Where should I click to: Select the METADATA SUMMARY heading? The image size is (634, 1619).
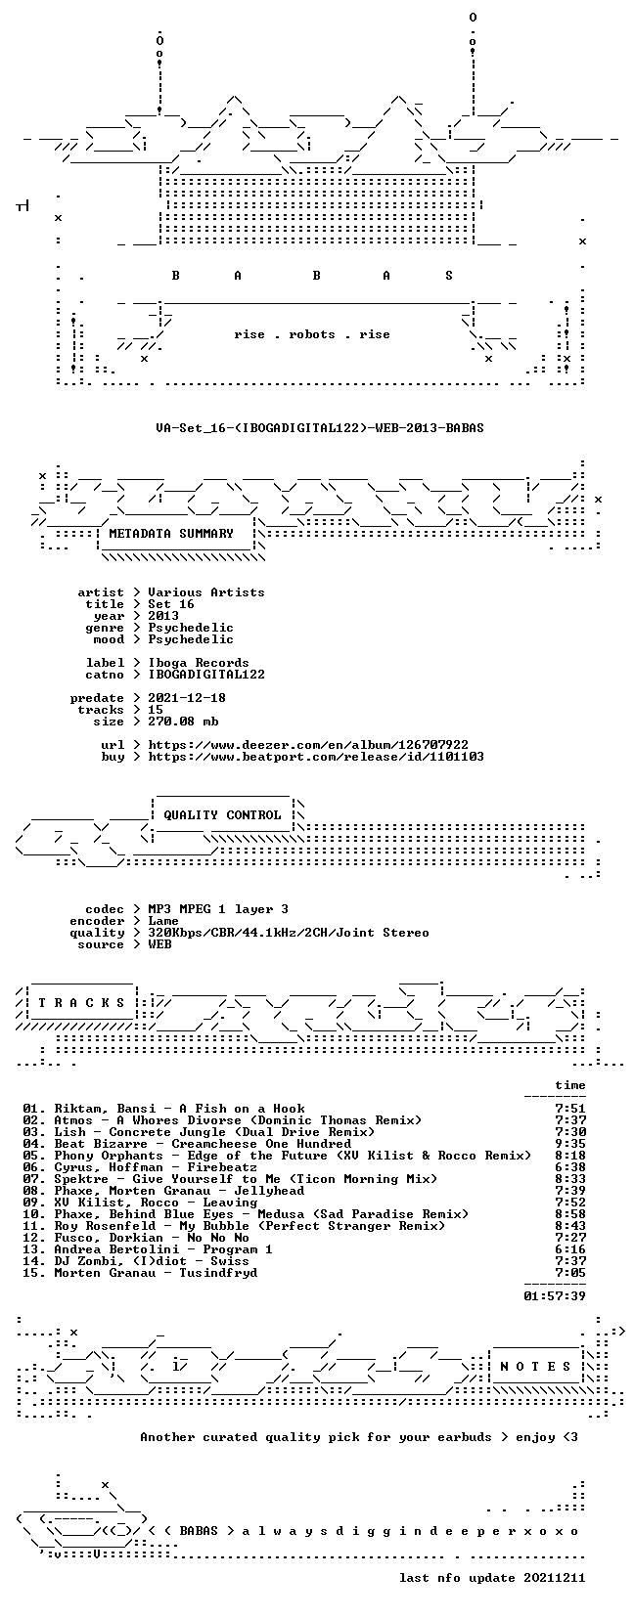[x=171, y=534]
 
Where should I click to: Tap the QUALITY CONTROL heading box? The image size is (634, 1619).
[x=222, y=814]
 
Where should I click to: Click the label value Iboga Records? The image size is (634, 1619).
[x=198, y=663]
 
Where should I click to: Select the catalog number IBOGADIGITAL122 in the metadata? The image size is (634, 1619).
[x=206, y=675]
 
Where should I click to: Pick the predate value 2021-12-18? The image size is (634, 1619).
[x=187, y=697]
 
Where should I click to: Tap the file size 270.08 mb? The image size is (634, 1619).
[x=183, y=722]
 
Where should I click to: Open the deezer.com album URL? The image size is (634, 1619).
[x=308, y=744]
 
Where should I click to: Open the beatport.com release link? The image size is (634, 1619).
[x=316, y=757]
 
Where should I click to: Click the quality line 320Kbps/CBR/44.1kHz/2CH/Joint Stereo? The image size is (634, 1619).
[x=289, y=933]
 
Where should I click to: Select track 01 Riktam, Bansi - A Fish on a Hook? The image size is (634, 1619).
[x=164, y=1108]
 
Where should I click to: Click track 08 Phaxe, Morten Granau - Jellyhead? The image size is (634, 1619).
[x=164, y=1191]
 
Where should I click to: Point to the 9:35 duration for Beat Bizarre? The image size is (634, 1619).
[x=570, y=1144]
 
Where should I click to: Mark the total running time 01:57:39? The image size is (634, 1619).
[x=555, y=1296]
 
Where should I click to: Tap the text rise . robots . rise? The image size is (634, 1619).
[x=311, y=334]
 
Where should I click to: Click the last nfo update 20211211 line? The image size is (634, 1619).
[x=492, y=1577]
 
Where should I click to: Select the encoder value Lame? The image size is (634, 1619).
[x=163, y=921]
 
